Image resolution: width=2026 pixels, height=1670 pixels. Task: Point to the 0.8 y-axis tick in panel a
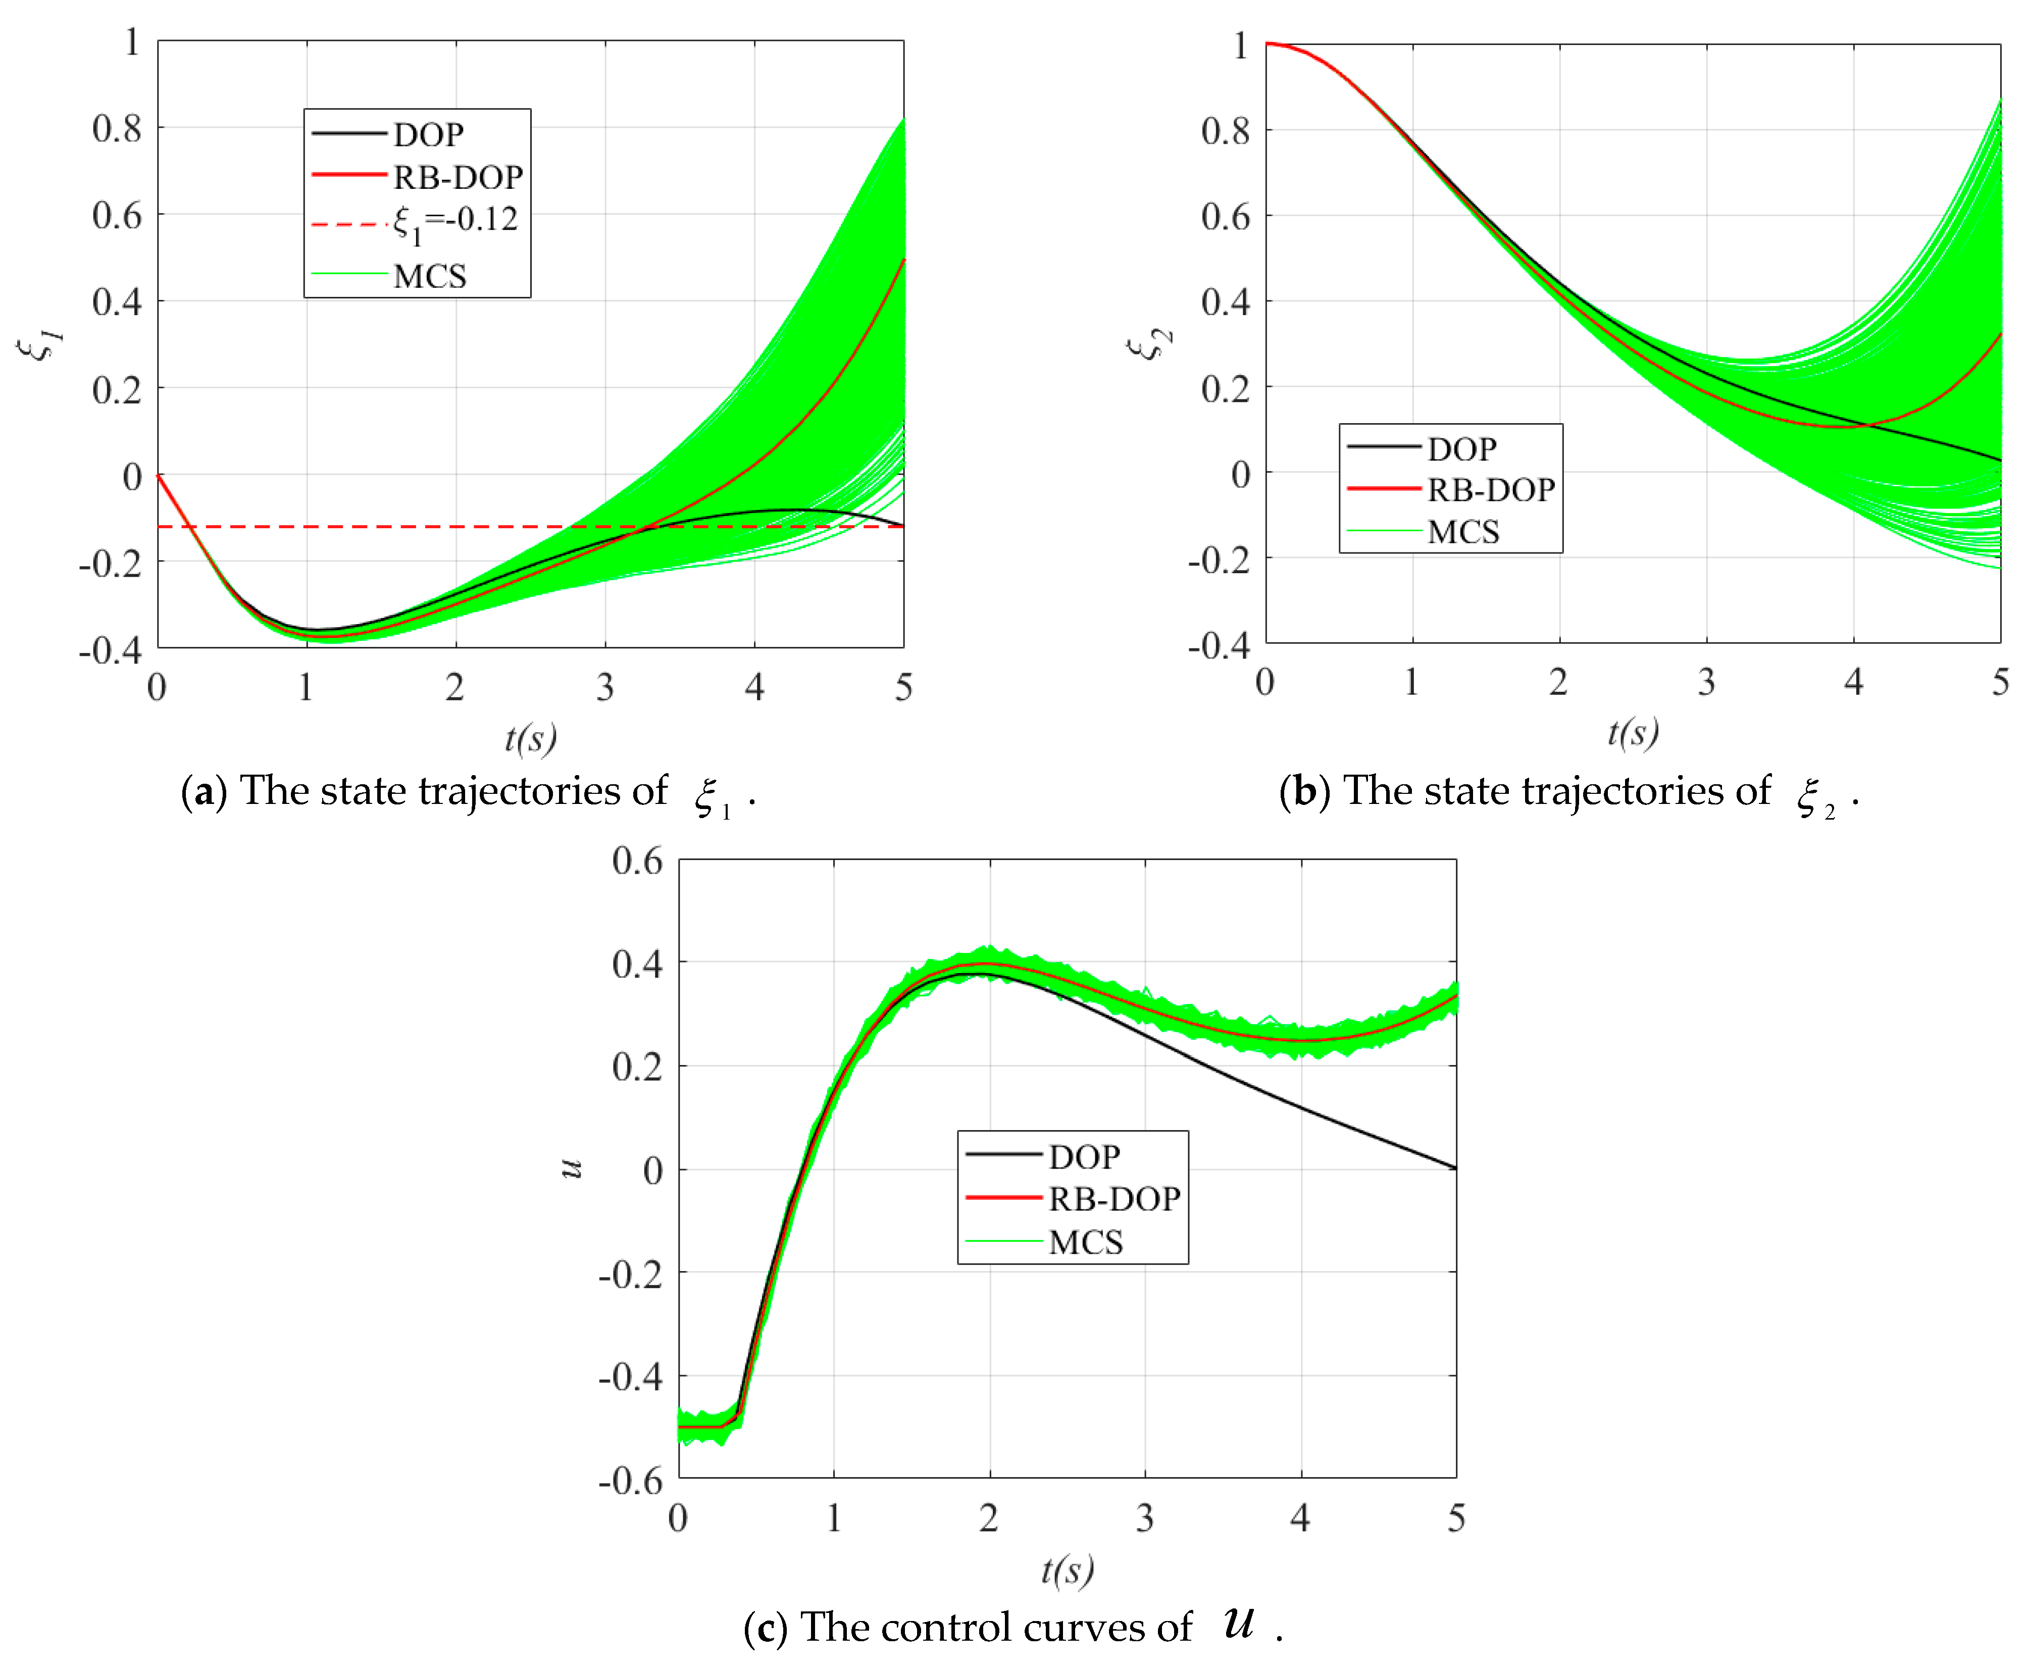point(117,128)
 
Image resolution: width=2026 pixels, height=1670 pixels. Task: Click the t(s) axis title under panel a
point(530,738)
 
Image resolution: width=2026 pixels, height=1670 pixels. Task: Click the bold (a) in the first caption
point(204,792)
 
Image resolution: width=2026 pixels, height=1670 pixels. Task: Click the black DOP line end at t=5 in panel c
point(1454,1168)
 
